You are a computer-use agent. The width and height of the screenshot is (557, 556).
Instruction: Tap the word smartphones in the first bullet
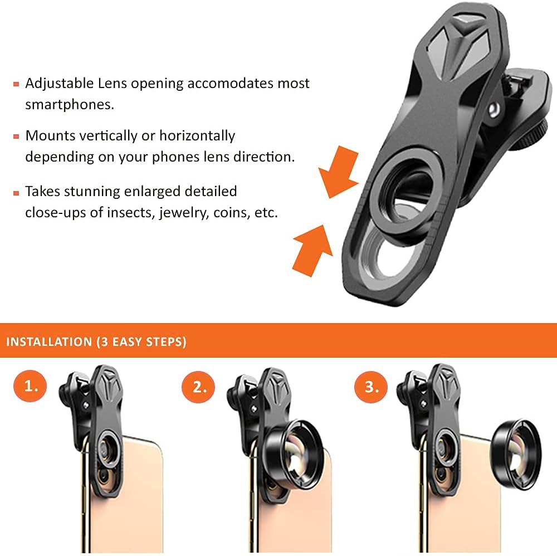tap(70, 104)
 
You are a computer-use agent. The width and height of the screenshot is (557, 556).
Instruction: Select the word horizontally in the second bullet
tap(197, 136)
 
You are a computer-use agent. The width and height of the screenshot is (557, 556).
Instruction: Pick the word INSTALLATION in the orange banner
tap(49, 342)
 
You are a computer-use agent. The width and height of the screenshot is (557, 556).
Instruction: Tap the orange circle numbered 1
tap(30, 386)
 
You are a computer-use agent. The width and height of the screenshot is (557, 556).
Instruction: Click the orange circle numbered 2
tap(199, 387)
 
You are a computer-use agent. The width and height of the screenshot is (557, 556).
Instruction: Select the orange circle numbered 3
tap(371, 387)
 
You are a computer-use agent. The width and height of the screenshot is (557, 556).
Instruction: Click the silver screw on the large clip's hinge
tap(494, 109)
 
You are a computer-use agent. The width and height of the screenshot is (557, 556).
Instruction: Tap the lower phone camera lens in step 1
tap(105, 477)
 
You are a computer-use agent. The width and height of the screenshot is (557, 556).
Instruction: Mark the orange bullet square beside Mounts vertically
tap(16, 136)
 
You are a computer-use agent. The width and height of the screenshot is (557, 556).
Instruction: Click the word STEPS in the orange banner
tap(166, 342)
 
